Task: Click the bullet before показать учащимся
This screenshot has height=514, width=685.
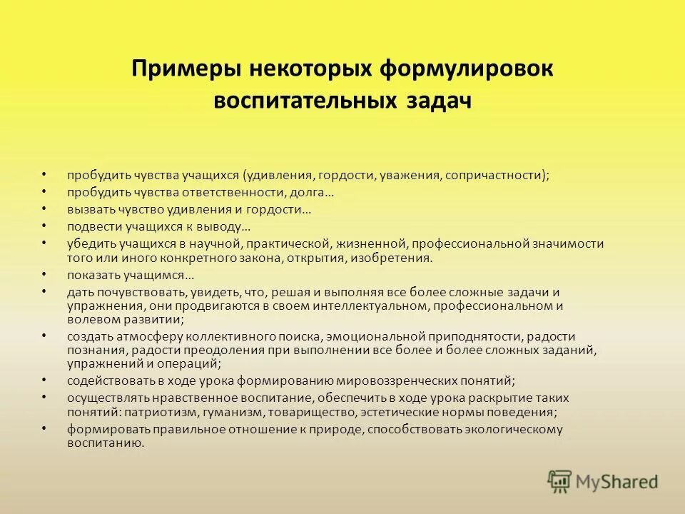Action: coord(44,275)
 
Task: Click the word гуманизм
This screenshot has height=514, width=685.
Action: coord(217,412)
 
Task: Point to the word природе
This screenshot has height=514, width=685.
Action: coord(300,429)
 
